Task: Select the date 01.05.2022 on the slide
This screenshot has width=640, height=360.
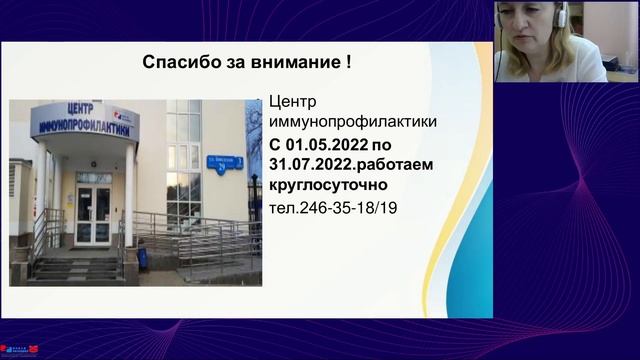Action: tap(329, 146)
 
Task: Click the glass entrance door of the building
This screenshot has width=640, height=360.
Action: tap(93, 216)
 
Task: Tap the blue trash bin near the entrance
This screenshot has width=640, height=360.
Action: tap(143, 259)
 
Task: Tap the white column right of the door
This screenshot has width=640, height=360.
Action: tap(129, 200)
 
